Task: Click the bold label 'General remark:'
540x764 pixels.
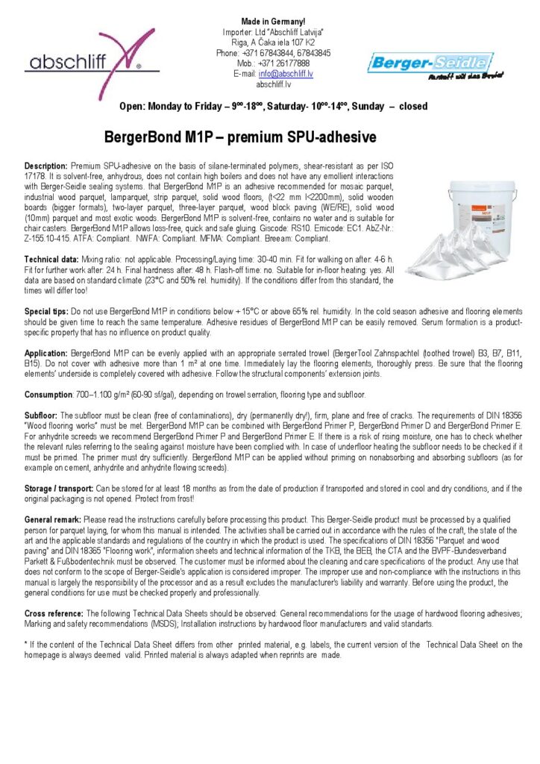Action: [x=53, y=518]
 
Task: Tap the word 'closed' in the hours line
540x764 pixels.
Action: [x=413, y=107]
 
